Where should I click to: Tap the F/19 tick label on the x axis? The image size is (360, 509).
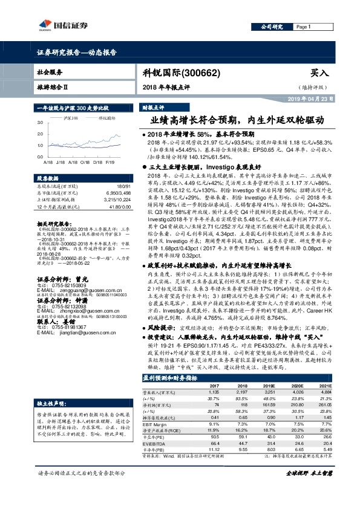[109, 163]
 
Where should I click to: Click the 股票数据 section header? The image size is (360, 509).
[46, 179]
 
